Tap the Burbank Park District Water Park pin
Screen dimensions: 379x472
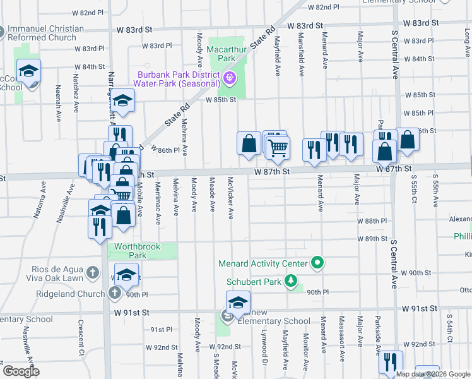pyautogui.click(x=229, y=78)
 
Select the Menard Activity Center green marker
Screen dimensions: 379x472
pyautogui.click(x=317, y=263)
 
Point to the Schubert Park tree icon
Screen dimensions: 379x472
pyautogui.click(x=291, y=280)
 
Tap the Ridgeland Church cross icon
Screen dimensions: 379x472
pyautogui.click(x=114, y=293)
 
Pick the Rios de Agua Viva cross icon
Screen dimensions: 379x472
pyautogui.click(x=93, y=273)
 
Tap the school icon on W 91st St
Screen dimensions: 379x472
pyautogui.click(x=238, y=303)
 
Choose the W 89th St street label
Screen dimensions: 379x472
pyautogui.click(x=372, y=239)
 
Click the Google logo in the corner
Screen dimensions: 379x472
pyautogui.click(x=21, y=371)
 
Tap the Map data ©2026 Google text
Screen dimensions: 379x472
pyautogui.click(x=432, y=374)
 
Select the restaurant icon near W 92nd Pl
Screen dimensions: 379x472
pyautogui.click(x=391, y=361)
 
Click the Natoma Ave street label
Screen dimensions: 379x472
pyautogui.click(x=44, y=195)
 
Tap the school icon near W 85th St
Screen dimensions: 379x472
pyautogui.click(x=122, y=102)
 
